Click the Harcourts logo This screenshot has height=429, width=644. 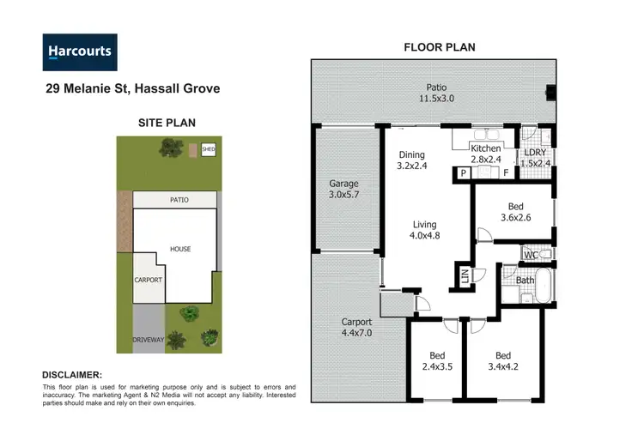80,51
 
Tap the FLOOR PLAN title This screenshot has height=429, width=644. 439,47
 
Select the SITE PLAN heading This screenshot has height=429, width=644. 167,123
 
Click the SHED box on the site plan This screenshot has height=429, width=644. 207,149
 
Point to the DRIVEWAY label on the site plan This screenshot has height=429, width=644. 149,341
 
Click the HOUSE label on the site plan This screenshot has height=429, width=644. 180,249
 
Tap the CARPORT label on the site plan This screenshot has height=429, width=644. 148,280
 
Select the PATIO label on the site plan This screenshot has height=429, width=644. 179,200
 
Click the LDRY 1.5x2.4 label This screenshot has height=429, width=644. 538,158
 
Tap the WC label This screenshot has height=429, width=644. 532,255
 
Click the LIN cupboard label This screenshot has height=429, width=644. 464,276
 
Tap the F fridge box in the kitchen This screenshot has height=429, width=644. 505,172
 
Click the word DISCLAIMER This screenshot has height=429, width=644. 72,375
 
